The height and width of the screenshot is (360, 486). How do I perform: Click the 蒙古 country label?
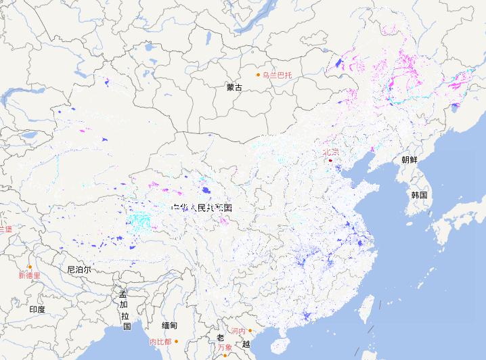(234, 87)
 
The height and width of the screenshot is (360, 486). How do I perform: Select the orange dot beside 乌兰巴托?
(257, 74)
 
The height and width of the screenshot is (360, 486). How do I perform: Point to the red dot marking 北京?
(330, 160)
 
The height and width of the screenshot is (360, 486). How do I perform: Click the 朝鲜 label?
(409, 160)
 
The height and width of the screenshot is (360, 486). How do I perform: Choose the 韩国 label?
(419, 194)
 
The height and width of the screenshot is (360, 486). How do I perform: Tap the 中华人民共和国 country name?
(202, 207)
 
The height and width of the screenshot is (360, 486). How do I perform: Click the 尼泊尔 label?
(79, 269)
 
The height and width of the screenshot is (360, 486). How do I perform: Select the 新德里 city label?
(29, 275)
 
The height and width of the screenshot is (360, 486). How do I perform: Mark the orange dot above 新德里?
(30, 267)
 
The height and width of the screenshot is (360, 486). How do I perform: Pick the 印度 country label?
(37, 309)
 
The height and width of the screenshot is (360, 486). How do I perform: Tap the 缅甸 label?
(169, 325)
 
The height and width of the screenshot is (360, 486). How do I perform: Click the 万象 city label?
(225, 348)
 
